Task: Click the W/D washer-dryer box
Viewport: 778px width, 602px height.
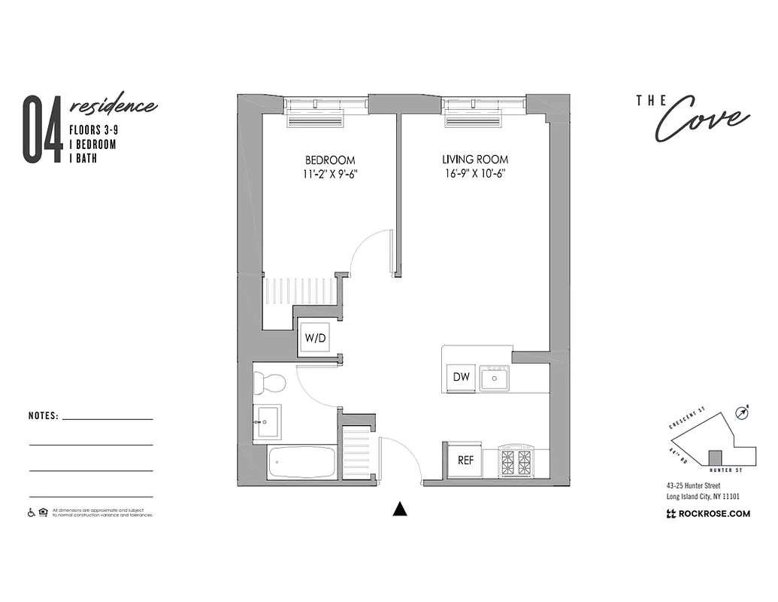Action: pyautogui.click(x=315, y=338)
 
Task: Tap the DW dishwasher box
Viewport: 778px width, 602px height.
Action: pyautogui.click(x=462, y=377)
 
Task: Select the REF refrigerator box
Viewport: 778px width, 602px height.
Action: pyautogui.click(x=465, y=460)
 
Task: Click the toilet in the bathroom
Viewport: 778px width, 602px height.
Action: pyautogui.click(x=269, y=384)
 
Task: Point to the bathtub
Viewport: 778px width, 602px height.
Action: pyautogui.click(x=301, y=462)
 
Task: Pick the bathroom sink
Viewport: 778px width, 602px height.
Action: pyautogui.click(x=266, y=421)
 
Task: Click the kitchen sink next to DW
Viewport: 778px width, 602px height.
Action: pyautogui.click(x=495, y=378)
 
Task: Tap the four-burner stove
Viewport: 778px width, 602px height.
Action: pyautogui.click(x=516, y=459)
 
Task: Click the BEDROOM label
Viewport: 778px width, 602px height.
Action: pyautogui.click(x=330, y=160)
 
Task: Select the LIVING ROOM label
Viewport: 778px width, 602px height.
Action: pyautogui.click(x=474, y=160)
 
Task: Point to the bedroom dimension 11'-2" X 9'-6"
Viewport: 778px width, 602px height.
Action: pyautogui.click(x=330, y=174)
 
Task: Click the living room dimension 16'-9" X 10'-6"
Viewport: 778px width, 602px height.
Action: pyautogui.click(x=474, y=174)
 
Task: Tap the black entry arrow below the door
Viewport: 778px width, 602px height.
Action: pyautogui.click(x=400, y=509)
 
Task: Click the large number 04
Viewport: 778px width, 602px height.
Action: pyautogui.click(x=42, y=129)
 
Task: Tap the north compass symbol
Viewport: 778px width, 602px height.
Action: pyautogui.click(x=742, y=412)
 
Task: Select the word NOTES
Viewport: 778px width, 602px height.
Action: pyautogui.click(x=43, y=415)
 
